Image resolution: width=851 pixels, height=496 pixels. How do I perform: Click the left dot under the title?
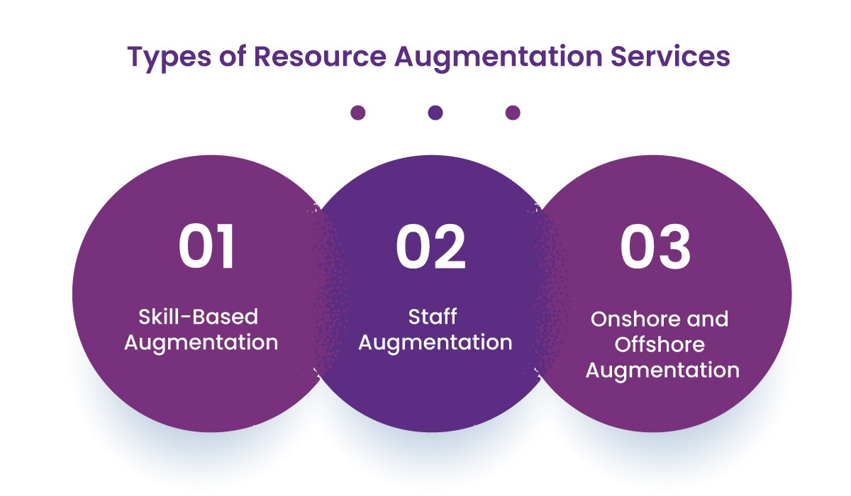click(358, 113)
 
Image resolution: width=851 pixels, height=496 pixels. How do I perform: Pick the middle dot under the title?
click(435, 113)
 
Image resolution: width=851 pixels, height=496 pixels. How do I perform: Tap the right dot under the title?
click(513, 113)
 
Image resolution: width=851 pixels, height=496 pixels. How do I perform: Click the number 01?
click(206, 248)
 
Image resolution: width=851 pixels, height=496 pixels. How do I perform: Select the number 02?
click(431, 248)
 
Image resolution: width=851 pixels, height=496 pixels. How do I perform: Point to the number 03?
click(655, 248)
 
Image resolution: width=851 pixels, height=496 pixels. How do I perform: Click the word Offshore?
click(660, 345)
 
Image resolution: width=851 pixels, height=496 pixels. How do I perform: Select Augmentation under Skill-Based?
click(201, 343)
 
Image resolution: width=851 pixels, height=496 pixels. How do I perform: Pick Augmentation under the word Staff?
click(435, 343)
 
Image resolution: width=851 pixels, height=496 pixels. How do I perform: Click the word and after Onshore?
click(703, 320)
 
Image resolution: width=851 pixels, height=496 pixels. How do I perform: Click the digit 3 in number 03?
click(674, 248)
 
